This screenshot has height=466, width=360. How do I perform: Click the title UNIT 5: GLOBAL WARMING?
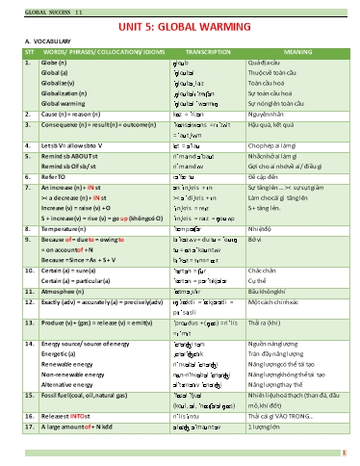click(180, 29)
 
